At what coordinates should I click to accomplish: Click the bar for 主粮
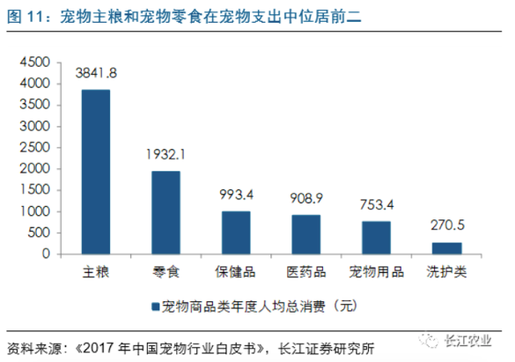(96, 172)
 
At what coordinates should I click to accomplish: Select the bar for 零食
(166, 212)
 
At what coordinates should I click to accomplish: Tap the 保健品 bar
(236, 233)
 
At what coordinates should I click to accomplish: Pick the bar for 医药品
(306, 234)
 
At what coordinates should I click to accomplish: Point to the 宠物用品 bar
(377, 238)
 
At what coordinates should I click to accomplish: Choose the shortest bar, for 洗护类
(446, 248)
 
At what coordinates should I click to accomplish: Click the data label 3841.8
(96, 73)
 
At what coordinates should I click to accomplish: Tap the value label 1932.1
(166, 154)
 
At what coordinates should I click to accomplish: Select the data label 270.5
(447, 225)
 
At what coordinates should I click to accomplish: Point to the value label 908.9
(306, 198)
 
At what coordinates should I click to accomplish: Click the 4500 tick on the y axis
(35, 62)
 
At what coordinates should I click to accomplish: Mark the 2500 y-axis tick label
(35, 147)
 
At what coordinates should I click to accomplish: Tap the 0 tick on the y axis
(46, 254)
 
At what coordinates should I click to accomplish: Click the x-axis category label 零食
(166, 272)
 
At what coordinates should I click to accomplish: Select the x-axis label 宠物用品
(377, 272)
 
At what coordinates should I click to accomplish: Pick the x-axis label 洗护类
(446, 272)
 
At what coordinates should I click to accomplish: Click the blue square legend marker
(155, 307)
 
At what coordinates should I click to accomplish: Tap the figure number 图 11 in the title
(26, 17)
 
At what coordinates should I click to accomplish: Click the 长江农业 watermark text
(468, 340)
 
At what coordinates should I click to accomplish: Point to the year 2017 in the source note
(99, 348)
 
